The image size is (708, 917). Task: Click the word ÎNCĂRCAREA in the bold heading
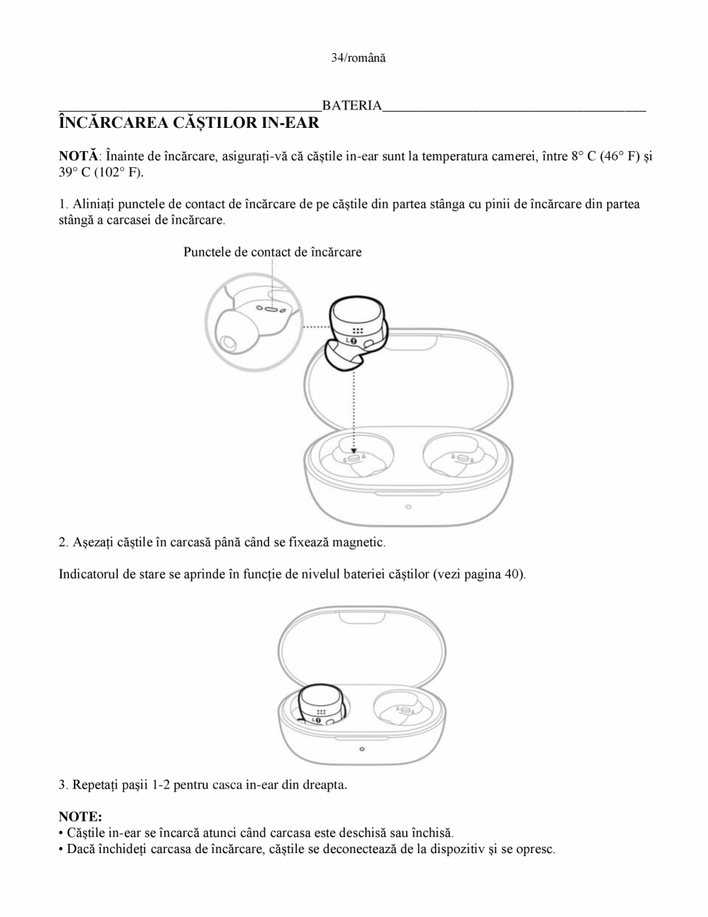point(114,123)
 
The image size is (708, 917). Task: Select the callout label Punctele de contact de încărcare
point(272,251)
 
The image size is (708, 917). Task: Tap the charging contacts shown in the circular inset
point(272,309)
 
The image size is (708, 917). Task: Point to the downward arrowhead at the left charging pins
point(354,452)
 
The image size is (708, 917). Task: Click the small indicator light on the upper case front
point(408,506)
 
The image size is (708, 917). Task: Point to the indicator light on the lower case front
point(362,748)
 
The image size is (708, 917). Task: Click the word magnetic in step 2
point(361,542)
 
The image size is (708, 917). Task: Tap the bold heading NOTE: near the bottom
point(80,816)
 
